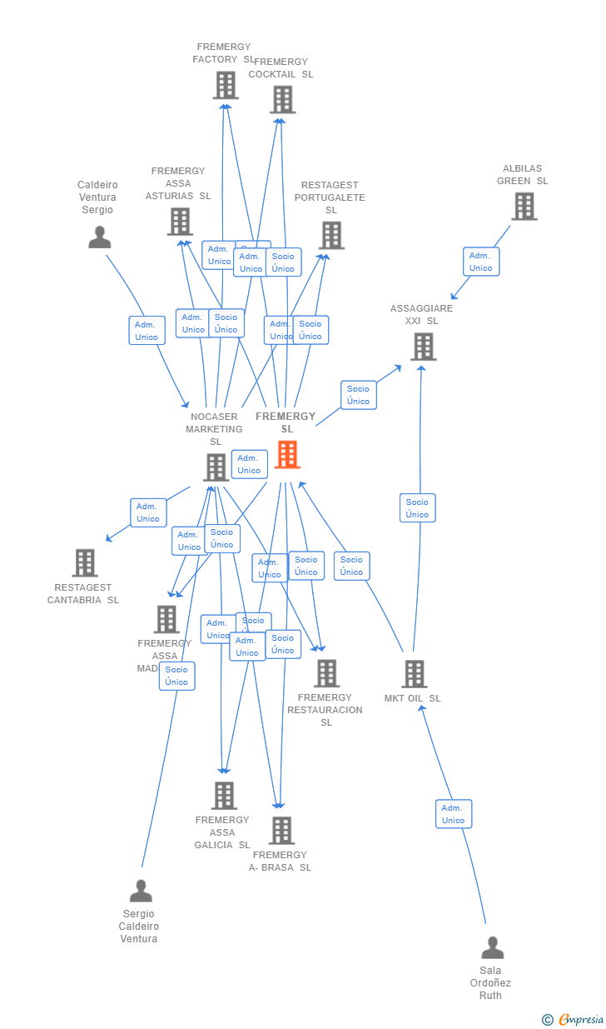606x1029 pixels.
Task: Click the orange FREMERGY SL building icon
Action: (287, 455)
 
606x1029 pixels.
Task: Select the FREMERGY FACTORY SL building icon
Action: (226, 85)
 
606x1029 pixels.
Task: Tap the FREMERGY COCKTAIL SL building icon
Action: (282, 100)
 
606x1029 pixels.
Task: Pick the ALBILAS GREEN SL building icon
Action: (524, 206)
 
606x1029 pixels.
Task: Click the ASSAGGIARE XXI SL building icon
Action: (423, 347)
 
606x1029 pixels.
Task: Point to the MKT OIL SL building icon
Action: (414, 674)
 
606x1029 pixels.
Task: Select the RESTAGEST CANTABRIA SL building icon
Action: (85, 563)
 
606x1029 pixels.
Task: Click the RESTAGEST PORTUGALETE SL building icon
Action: (332, 236)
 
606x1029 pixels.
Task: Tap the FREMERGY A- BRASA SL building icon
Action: (281, 831)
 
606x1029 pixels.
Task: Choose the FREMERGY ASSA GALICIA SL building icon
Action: (223, 796)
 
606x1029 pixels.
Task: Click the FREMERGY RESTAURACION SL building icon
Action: (326, 673)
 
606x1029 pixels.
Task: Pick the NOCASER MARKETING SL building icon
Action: (216, 467)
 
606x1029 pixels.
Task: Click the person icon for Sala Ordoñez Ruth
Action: (492, 948)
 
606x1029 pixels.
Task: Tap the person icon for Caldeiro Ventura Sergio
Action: (99, 237)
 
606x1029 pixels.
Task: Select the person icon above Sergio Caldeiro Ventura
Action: (141, 892)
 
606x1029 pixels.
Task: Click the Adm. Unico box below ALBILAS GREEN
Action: (481, 262)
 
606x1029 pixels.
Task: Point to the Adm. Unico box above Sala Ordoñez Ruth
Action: (454, 814)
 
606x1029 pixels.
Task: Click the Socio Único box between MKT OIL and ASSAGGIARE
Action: (417, 508)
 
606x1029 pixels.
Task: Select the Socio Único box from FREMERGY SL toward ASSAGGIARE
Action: (358, 395)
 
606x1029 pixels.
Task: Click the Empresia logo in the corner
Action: (574, 1019)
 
